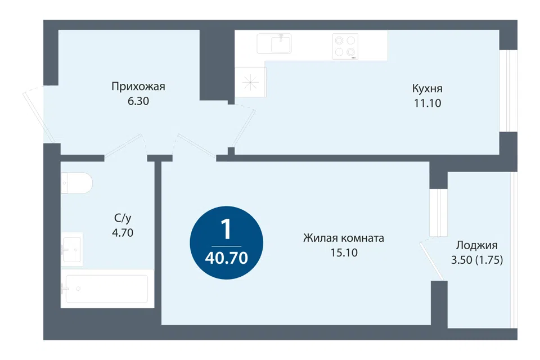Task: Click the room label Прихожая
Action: pyautogui.click(x=138, y=87)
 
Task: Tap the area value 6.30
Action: pyautogui.click(x=138, y=101)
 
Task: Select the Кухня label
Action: pyautogui.click(x=427, y=88)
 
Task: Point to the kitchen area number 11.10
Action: pyautogui.click(x=427, y=103)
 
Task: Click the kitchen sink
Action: pyautogui.click(x=274, y=44)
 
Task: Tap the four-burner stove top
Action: pyautogui.click(x=345, y=47)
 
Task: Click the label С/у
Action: pyautogui.click(x=123, y=218)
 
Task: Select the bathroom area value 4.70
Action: pyautogui.click(x=123, y=233)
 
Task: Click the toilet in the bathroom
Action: pyautogui.click(x=77, y=183)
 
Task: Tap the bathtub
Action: pyautogui.click(x=107, y=289)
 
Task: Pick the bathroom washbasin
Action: pyautogui.click(x=72, y=249)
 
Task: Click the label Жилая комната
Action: pyautogui.click(x=343, y=238)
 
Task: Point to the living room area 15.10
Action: pyautogui.click(x=344, y=253)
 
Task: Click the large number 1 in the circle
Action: pyautogui.click(x=226, y=229)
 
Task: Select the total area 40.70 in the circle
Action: pyautogui.click(x=226, y=258)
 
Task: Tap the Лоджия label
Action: pyautogui.click(x=476, y=245)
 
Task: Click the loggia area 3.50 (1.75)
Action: pyautogui.click(x=477, y=260)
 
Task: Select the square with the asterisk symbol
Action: pyautogui.click(x=250, y=83)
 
